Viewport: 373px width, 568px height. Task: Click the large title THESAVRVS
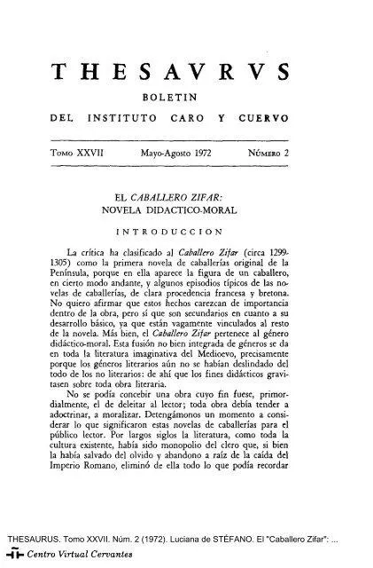[x=187, y=74]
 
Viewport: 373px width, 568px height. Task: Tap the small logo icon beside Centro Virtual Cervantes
[x=12, y=556]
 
